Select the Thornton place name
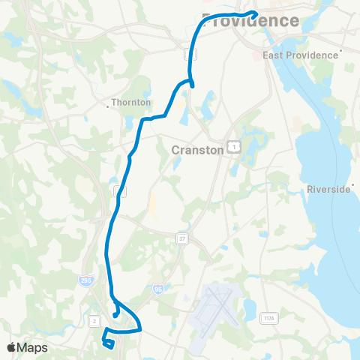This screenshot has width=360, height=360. point(130,102)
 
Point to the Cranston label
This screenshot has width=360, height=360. point(198,149)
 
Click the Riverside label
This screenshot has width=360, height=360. point(328,190)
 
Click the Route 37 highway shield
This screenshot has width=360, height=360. point(182,238)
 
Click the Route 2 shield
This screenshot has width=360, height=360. point(94,321)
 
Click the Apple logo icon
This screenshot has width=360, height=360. point(12,347)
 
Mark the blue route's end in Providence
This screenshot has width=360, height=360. point(256,13)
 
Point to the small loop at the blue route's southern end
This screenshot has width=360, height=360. point(109,343)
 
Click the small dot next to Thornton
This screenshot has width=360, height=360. point(110,106)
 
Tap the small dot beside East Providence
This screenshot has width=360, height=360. point(341,52)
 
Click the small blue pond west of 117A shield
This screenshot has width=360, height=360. point(247,307)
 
